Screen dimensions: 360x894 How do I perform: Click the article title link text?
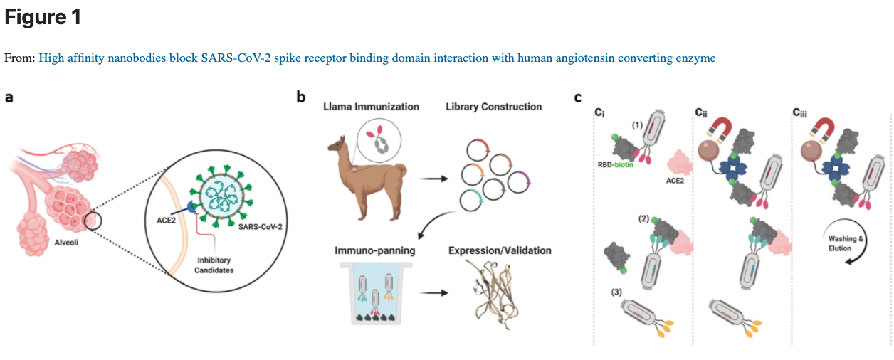[x=377, y=58]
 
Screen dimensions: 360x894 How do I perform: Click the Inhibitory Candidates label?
[x=213, y=264]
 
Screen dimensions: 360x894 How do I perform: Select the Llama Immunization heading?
[x=371, y=107]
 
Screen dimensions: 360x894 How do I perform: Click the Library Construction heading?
[x=493, y=107]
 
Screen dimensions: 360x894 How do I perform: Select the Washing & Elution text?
[x=846, y=243]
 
